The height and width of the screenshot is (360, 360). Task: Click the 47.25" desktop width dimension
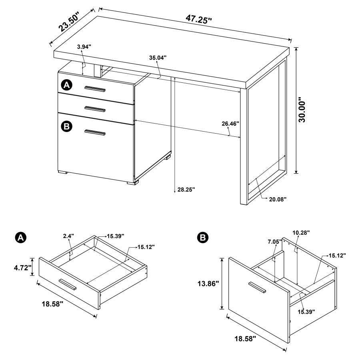coord(198,19)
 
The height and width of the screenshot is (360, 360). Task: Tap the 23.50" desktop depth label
coord(69,22)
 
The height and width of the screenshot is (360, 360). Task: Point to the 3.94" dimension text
coord(84,47)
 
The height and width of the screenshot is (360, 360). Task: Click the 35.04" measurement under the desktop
coord(158,58)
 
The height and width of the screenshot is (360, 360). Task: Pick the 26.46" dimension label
coord(230,124)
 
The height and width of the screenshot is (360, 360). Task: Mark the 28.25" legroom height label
coord(186,190)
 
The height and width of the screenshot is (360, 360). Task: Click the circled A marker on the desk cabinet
coord(66,85)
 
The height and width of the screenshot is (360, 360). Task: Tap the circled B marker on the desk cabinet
coord(66,126)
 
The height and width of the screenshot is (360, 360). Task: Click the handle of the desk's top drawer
coord(95,89)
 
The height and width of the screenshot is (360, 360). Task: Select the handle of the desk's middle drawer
coord(95,108)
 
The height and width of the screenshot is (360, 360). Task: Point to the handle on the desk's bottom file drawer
coord(95,133)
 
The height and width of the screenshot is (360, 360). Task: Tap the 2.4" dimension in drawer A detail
coord(68,236)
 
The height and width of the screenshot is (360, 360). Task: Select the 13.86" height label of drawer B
coord(208,284)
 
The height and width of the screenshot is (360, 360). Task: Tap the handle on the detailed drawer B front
coord(257,287)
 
